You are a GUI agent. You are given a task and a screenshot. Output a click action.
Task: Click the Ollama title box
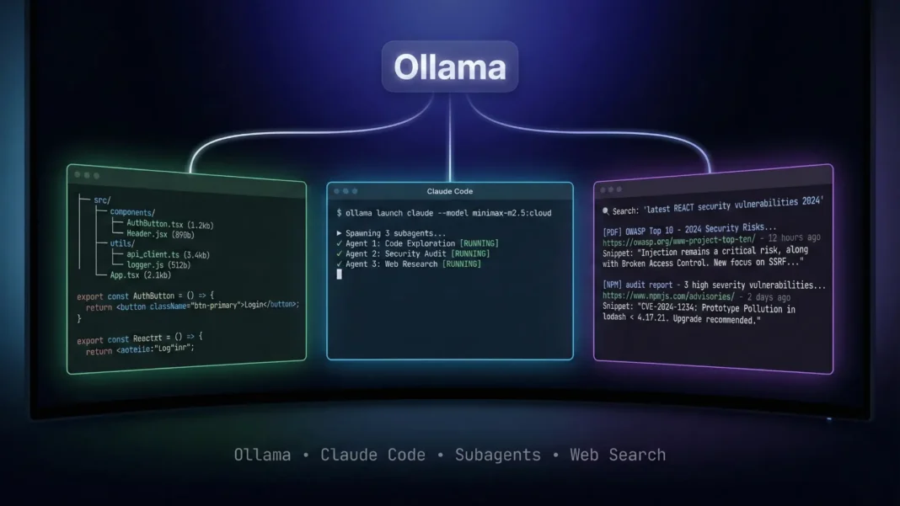coord(449,67)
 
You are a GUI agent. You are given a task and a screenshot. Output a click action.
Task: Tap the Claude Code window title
coord(450,192)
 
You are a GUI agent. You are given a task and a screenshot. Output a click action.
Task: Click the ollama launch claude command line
coord(443,214)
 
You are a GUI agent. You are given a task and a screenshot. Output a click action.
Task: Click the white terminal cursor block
coord(339,274)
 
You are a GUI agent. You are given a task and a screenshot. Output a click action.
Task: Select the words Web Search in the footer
coord(617,455)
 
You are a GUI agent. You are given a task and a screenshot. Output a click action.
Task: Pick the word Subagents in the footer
coord(497,455)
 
